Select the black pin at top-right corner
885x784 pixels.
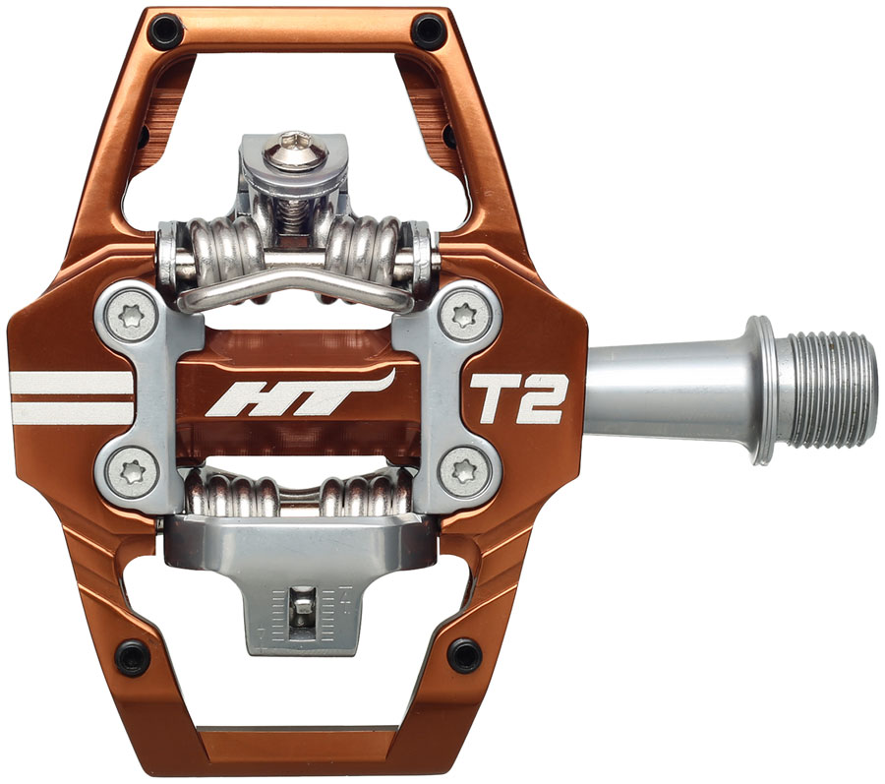coord(429,30)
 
